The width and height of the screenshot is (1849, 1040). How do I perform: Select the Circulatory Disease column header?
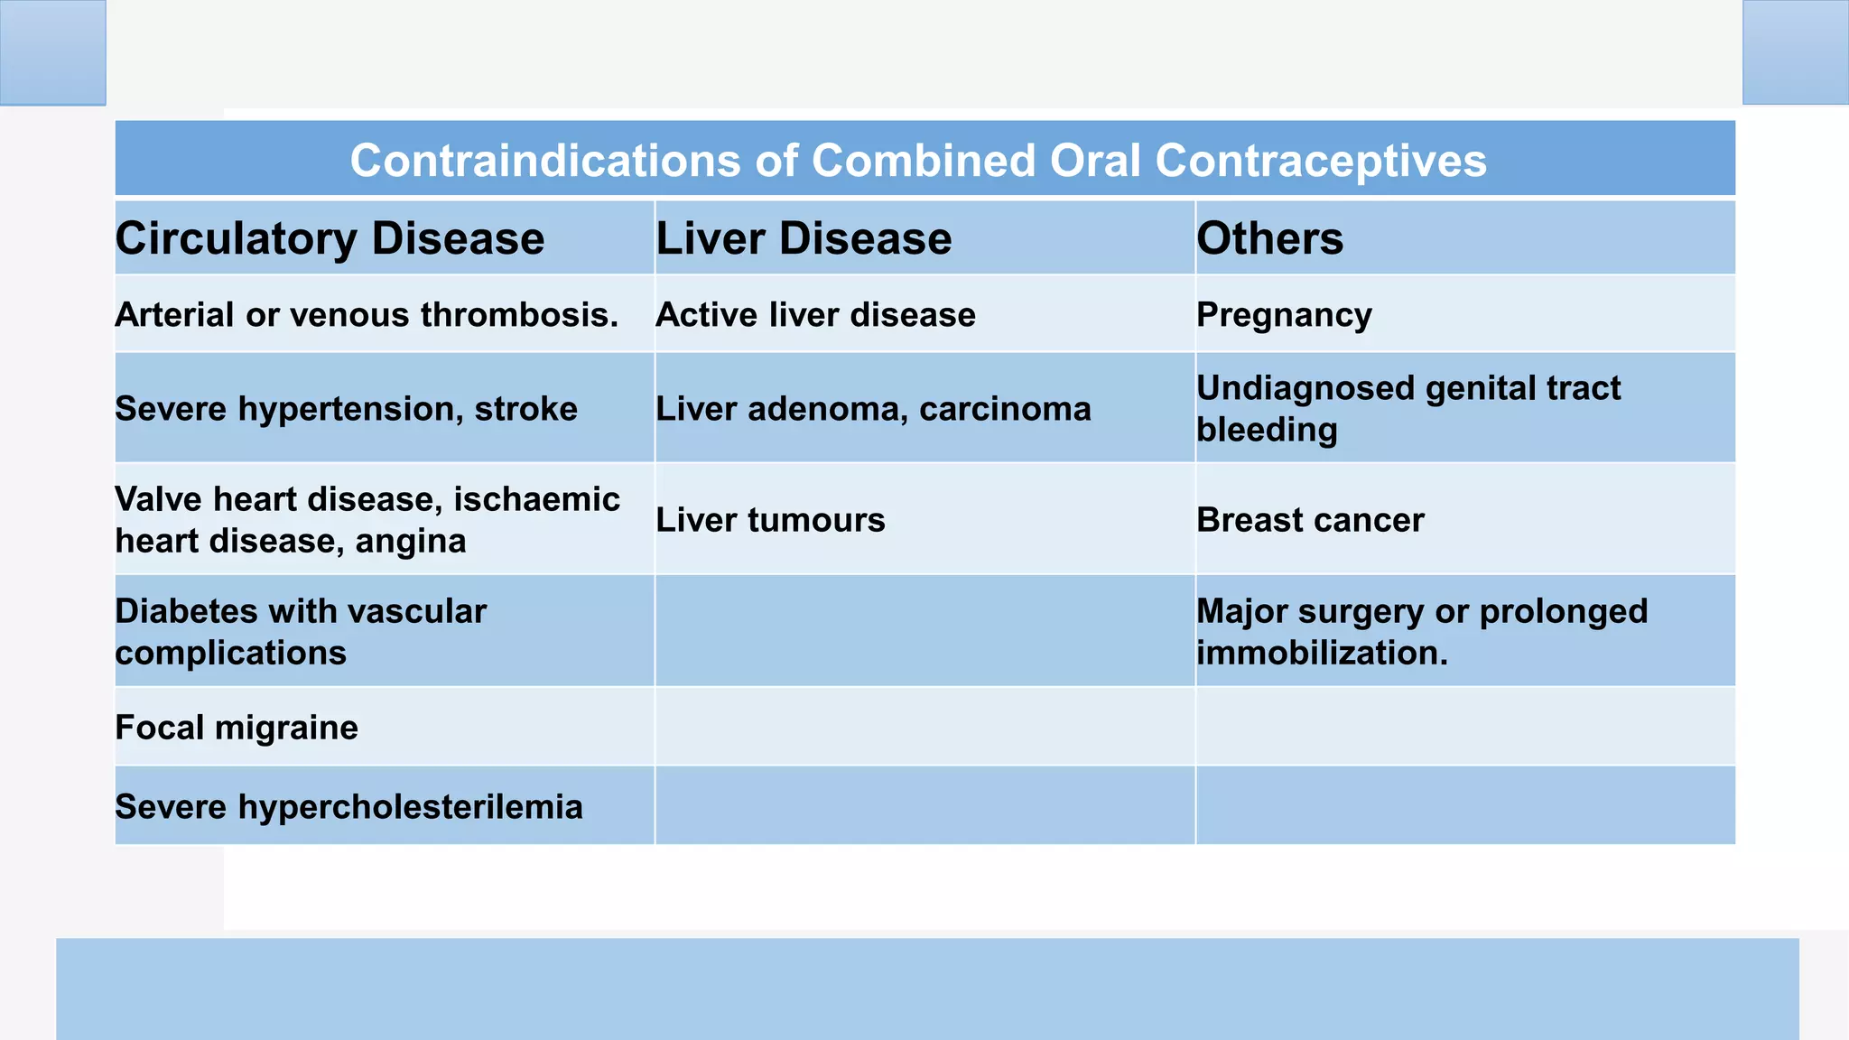pos(330,239)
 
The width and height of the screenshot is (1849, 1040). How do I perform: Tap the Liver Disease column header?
pos(804,239)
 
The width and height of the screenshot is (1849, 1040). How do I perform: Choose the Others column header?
pos(1269,239)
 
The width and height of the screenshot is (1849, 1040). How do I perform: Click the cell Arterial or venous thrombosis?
pos(367,315)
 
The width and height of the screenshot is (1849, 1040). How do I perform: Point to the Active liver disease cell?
pos(815,315)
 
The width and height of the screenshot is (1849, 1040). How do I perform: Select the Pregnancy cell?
pos(1284,315)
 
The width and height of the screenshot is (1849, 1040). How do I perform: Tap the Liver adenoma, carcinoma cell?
pos(873,409)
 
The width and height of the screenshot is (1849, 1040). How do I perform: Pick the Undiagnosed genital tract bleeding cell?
pos(1408,408)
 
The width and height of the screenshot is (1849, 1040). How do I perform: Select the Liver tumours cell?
pos(770,520)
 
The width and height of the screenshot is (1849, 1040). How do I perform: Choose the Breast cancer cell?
pos(1310,520)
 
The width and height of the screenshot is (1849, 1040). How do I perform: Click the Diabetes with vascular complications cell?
pos(301,631)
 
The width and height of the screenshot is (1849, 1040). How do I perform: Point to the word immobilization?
pos(1321,653)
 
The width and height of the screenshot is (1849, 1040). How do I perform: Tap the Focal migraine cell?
pos(237,728)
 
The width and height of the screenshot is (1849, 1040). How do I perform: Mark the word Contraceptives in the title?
pos(1320,161)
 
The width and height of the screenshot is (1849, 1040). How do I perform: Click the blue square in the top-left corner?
pos(52,52)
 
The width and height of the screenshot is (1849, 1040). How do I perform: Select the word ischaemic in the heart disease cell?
pos(536,499)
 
